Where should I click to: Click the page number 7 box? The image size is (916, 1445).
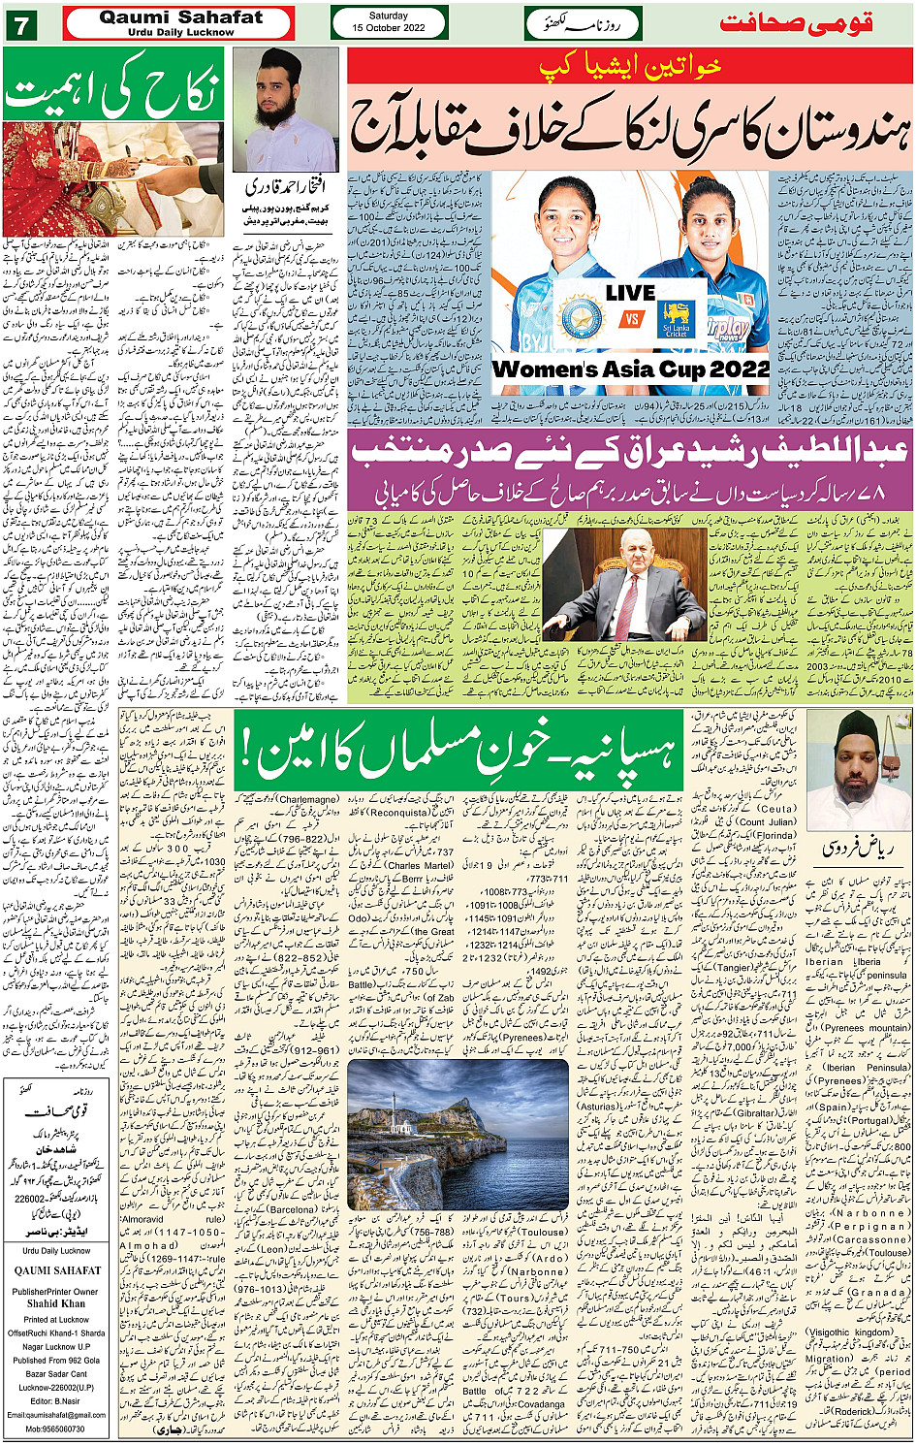[19, 23]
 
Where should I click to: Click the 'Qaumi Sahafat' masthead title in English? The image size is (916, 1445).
[180, 17]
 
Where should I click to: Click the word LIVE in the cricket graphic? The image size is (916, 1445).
[630, 292]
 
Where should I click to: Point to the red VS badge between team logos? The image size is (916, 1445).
[631, 319]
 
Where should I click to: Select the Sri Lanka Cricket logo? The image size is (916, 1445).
[676, 319]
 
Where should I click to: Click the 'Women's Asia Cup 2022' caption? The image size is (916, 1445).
[630, 369]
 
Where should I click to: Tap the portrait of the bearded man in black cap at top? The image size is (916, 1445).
[285, 110]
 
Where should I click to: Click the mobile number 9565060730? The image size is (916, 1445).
[54, 1429]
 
